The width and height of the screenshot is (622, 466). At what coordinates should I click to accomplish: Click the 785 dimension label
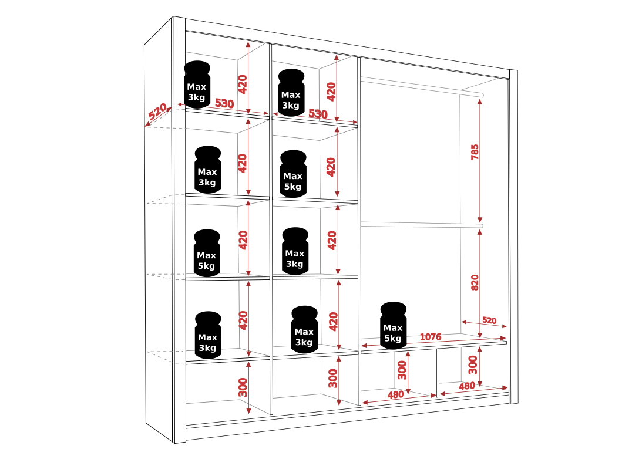(x=475, y=152)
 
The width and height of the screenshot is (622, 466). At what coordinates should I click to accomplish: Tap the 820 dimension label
(x=475, y=282)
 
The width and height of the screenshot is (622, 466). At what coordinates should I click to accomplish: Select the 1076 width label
(x=431, y=337)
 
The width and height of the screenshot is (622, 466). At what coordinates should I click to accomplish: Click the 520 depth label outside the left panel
(x=157, y=112)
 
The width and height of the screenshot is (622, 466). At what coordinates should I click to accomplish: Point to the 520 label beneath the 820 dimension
(x=489, y=320)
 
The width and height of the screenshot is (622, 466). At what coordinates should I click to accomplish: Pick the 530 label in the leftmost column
(x=224, y=104)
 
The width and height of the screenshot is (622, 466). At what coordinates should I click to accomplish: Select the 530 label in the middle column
(x=317, y=114)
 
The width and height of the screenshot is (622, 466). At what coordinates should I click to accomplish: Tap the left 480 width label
(x=395, y=395)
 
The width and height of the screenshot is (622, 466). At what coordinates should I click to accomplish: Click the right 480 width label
(x=466, y=386)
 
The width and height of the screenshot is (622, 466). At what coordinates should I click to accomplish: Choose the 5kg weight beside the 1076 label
(x=393, y=326)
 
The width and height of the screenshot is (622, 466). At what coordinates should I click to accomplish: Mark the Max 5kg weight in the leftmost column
(x=207, y=253)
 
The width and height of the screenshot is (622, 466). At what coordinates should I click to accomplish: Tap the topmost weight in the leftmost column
(x=197, y=85)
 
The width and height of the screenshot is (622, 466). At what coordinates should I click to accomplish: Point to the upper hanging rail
(x=421, y=86)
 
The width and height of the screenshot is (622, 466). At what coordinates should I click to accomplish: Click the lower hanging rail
(x=421, y=224)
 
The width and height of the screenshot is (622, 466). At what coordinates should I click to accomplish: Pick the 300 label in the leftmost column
(x=243, y=387)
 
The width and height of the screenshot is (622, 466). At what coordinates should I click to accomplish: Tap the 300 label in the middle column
(x=333, y=379)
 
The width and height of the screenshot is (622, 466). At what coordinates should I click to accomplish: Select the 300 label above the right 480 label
(x=473, y=364)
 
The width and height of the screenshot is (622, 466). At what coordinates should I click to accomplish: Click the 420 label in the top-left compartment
(x=243, y=85)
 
